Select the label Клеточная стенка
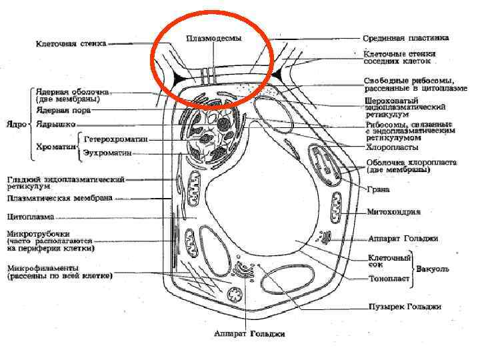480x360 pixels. [71, 44]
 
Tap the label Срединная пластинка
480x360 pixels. [405, 38]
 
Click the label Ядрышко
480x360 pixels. [56, 125]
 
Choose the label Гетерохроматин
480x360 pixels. [116, 140]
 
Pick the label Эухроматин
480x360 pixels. [107, 153]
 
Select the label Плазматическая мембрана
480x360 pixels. [59, 198]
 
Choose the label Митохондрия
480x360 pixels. [394, 212]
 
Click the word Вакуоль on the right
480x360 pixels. [433, 269]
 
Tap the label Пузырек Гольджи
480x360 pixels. [405, 307]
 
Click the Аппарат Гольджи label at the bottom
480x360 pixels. [249, 333]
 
